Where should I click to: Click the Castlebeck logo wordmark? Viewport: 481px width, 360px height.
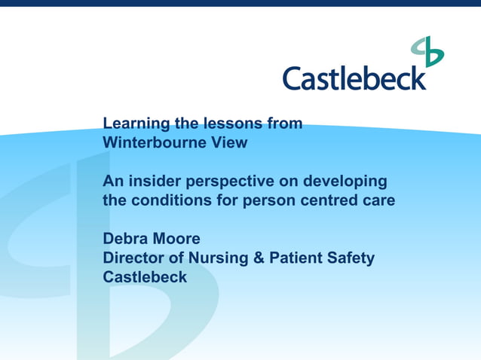(x=354, y=78)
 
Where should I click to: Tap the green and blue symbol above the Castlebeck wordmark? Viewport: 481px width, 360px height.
(x=427, y=52)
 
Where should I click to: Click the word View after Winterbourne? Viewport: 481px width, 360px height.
(x=229, y=142)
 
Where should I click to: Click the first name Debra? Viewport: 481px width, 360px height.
(x=125, y=239)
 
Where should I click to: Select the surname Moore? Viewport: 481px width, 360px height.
(x=176, y=239)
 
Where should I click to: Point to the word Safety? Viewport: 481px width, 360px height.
(x=349, y=259)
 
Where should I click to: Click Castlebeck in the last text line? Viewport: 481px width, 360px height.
(x=145, y=278)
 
